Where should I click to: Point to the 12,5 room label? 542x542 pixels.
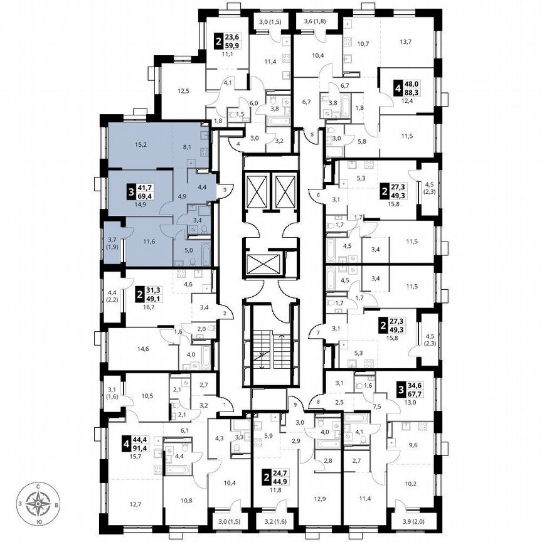click(x=183, y=92)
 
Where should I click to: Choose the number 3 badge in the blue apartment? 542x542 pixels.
click(x=130, y=191)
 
